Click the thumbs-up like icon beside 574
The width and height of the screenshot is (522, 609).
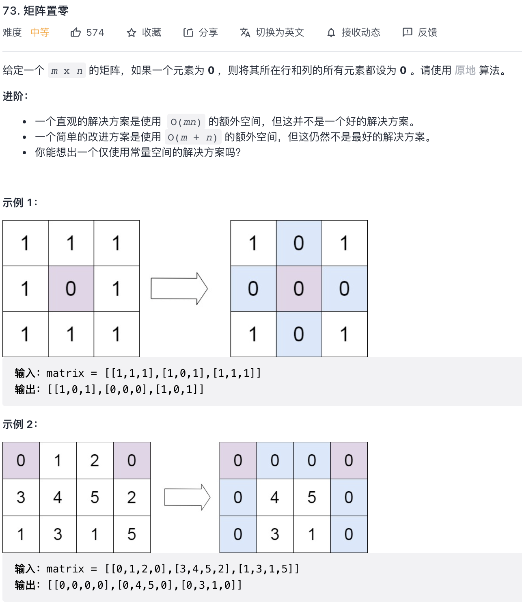click(x=75, y=32)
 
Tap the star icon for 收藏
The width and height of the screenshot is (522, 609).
click(x=131, y=32)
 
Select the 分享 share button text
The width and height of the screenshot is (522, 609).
click(x=208, y=32)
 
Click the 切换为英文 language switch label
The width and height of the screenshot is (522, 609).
click(x=280, y=32)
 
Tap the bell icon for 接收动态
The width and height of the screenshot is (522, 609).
click(x=331, y=32)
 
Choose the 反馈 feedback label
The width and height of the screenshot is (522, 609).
click(x=427, y=32)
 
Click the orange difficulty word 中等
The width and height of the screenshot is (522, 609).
click(x=40, y=32)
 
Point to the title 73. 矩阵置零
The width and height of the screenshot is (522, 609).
click(x=36, y=11)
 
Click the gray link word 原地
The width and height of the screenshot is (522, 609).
click(x=465, y=70)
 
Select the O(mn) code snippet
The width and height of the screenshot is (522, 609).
click(x=186, y=122)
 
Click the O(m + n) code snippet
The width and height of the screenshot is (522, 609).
click(x=193, y=137)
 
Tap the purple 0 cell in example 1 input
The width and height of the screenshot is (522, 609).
click(x=71, y=289)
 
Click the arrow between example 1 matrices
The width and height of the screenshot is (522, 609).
click(x=179, y=289)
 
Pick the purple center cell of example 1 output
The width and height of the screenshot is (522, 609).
click(x=299, y=289)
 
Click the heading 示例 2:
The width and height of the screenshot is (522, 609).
click(x=20, y=424)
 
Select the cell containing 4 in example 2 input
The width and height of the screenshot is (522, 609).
click(x=58, y=497)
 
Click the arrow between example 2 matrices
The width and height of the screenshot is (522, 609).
click(x=187, y=497)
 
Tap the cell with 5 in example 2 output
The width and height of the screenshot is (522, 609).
click(x=312, y=497)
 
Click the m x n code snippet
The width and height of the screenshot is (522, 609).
click(x=67, y=71)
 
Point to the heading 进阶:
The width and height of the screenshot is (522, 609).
click(x=15, y=96)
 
